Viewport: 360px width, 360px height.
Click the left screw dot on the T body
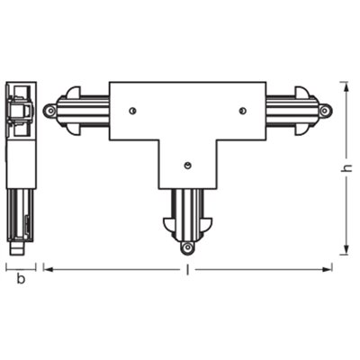click(132, 111)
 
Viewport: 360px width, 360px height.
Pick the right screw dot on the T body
click(242, 111)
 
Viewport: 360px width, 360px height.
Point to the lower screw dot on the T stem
click(186, 166)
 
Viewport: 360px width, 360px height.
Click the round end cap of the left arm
click(49, 110)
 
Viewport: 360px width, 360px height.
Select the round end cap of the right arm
click(325, 110)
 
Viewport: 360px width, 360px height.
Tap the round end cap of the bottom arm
click(186, 246)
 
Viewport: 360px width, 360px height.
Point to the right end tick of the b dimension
click(36, 266)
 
